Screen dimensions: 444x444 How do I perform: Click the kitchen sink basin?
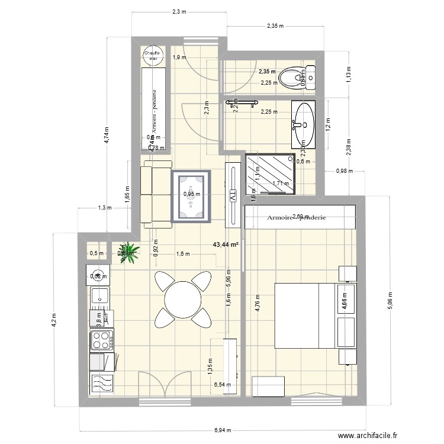(99, 295)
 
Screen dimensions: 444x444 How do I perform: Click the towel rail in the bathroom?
(243, 104)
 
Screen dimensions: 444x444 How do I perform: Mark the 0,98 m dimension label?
(344, 171)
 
